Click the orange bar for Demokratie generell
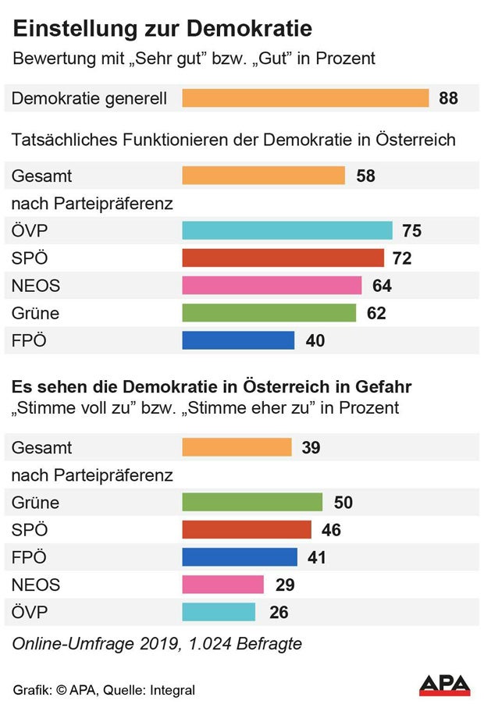pyautogui.click(x=305, y=98)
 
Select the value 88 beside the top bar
pyautogui.click(x=448, y=98)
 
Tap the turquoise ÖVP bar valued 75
pyautogui.click(x=286, y=230)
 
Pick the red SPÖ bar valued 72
pyautogui.click(x=283, y=258)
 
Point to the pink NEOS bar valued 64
pyautogui.click(x=272, y=286)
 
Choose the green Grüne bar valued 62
pyautogui.click(x=269, y=313)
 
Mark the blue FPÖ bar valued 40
pyautogui.click(x=238, y=340)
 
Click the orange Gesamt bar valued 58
pyautogui.click(x=263, y=176)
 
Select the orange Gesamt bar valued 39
pyautogui.click(x=237, y=447)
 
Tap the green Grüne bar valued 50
pyautogui.click(x=252, y=502)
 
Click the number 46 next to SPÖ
pyautogui.click(x=331, y=530)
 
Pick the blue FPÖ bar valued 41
pyautogui.click(x=240, y=557)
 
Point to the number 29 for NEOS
pyautogui.click(x=285, y=585)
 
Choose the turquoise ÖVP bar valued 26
pyautogui.click(x=219, y=612)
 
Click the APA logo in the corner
pyautogui.click(x=445, y=685)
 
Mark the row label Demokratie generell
pyautogui.click(x=89, y=98)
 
